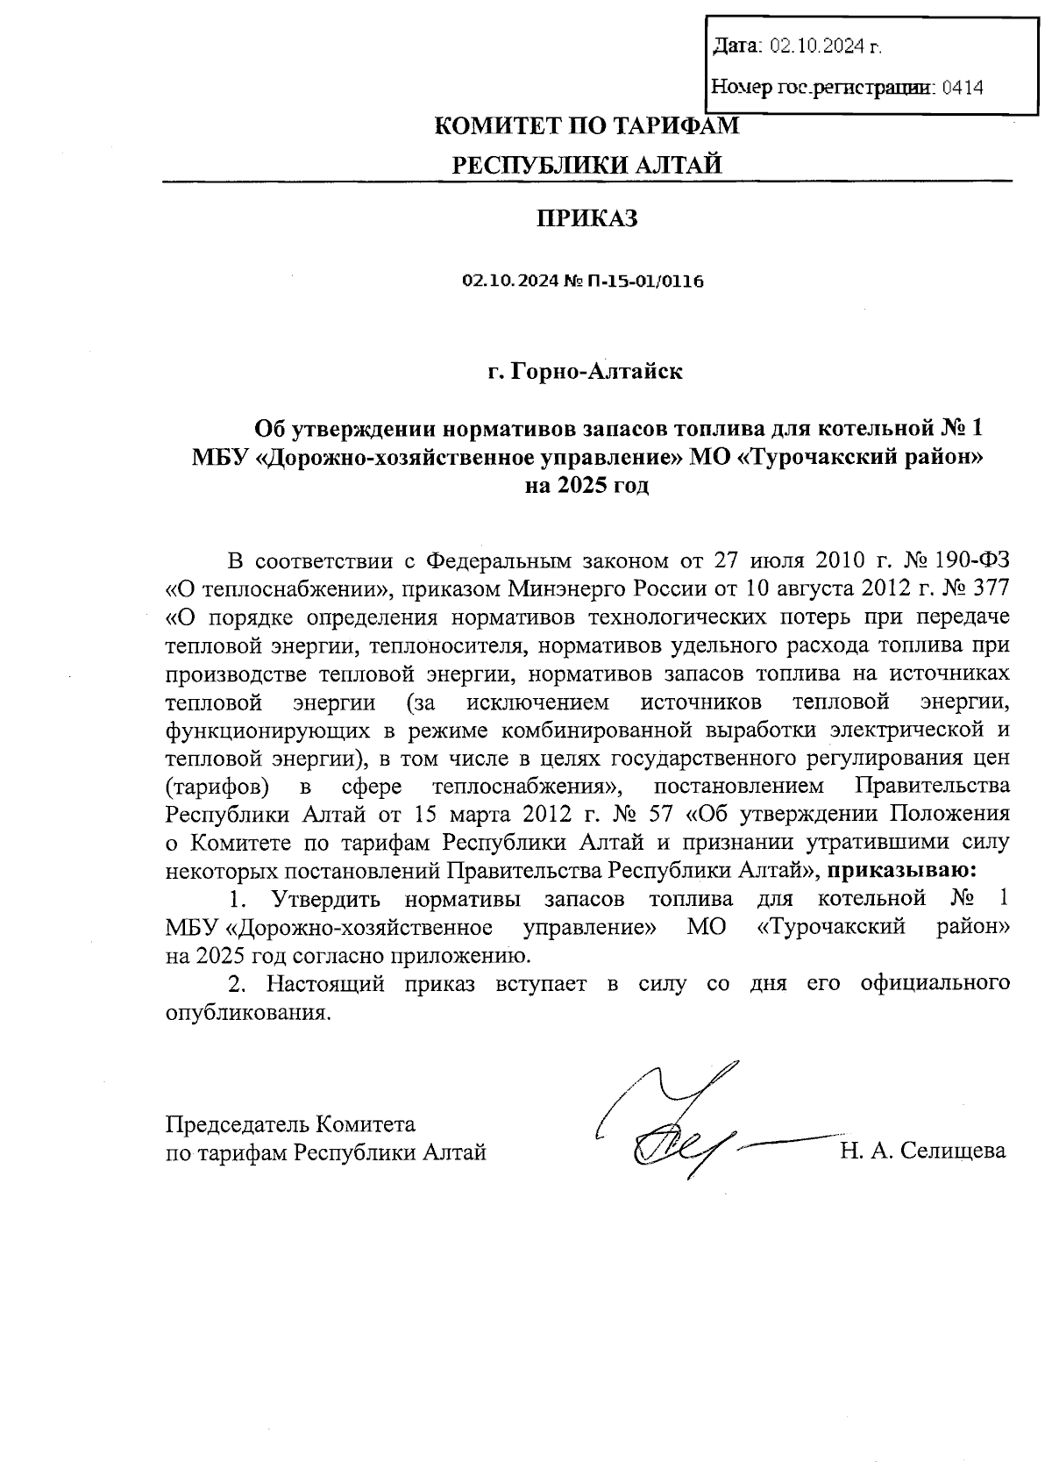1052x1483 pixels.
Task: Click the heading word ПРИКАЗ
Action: (586, 218)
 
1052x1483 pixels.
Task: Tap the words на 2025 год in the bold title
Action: (586, 485)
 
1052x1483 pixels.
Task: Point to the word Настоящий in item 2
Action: (325, 984)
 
